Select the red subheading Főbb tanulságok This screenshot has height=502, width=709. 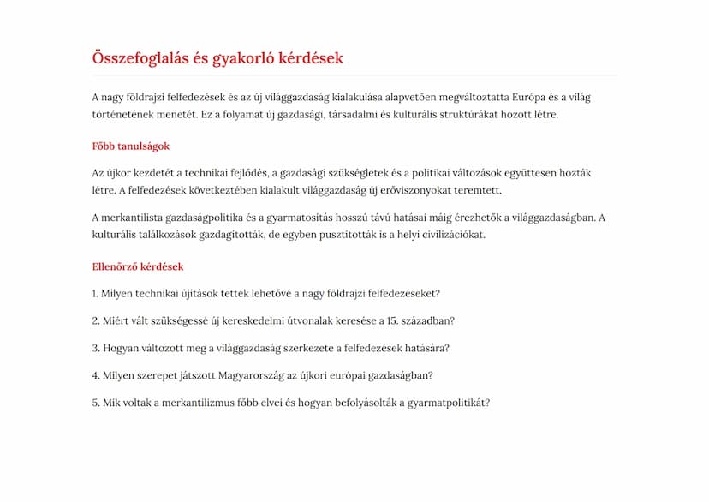point(130,146)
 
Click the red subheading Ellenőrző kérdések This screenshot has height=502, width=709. point(138,266)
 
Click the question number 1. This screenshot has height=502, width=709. point(95,294)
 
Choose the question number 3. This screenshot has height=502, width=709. point(96,348)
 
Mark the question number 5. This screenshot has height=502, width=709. point(96,403)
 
